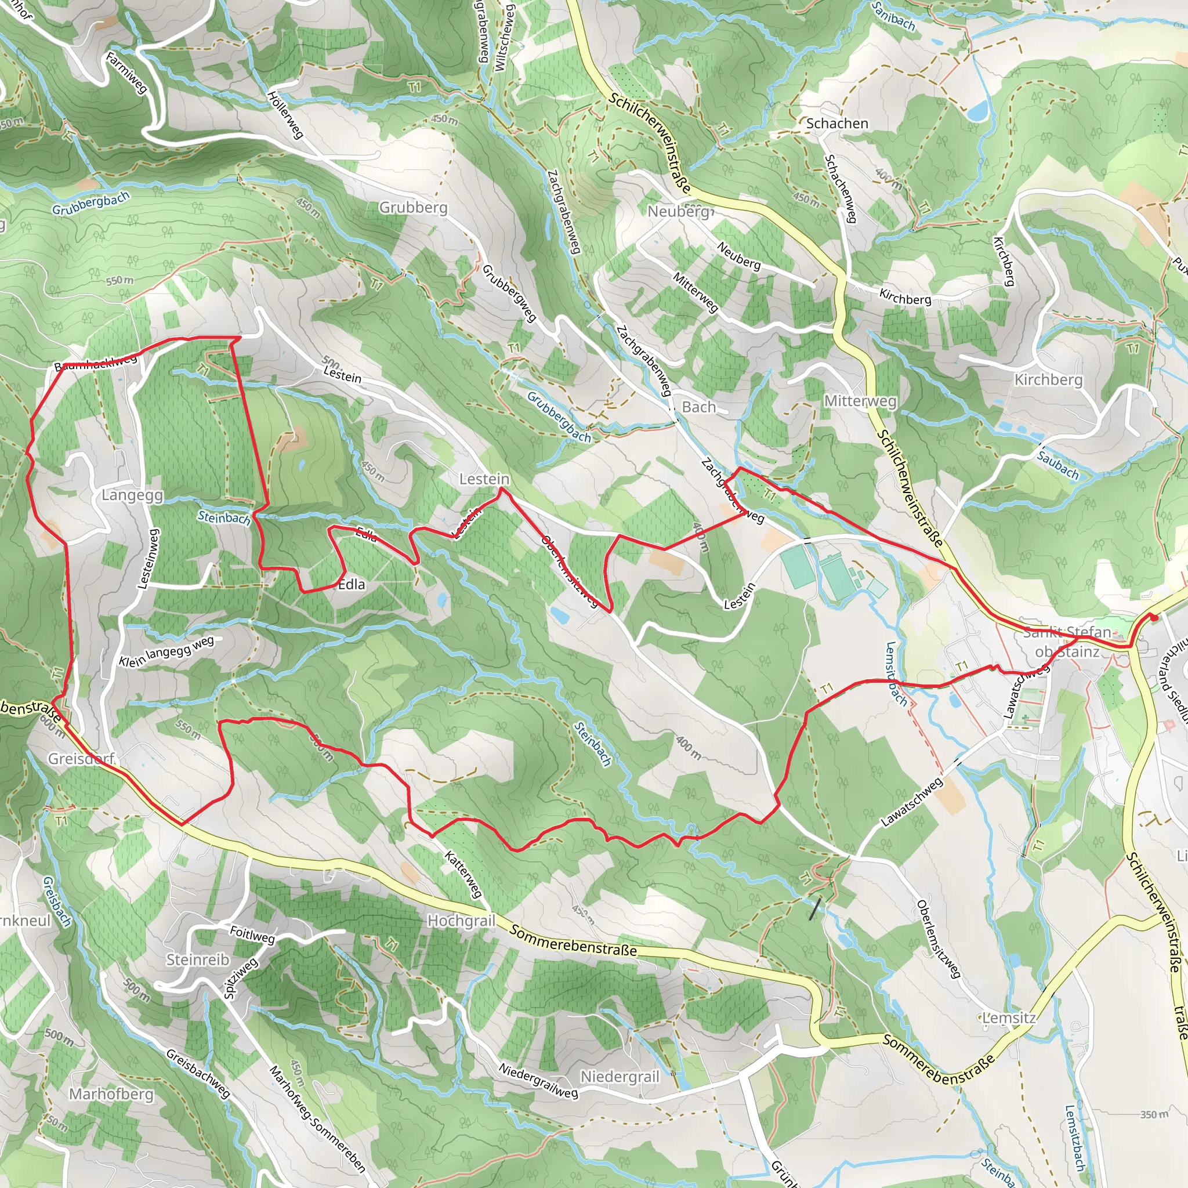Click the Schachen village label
pyautogui.click(x=837, y=124)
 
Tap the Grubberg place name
pyautogui.click(x=413, y=207)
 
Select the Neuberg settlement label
pyautogui.click(x=678, y=211)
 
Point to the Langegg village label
pyautogui.click(x=132, y=495)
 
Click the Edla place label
pyautogui.click(x=352, y=584)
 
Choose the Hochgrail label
pyautogui.click(x=461, y=921)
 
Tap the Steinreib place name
pyautogui.click(x=197, y=959)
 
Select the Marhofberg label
pyautogui.click(x=111, y=1094)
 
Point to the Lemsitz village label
pyautogui.click(x=1008, y=1017)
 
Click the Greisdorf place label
pyautogui.click(x=82, y=759)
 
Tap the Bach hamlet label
pyautogui.click(x=698, y=407)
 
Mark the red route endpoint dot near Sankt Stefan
pyautogui.click(x=1154, y=617)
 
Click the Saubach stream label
pyautogui.click(x=1057, y=465)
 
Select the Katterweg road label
pyautogui.click(x=463, y=874)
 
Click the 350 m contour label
pyautogui.click(x=1154, y=1114)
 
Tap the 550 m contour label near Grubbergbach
pyautogui.click(x=119, y=281)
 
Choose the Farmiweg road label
pyautogui.click(x=126, y=73)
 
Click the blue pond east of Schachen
pyautogui.click(x=977, y=111)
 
